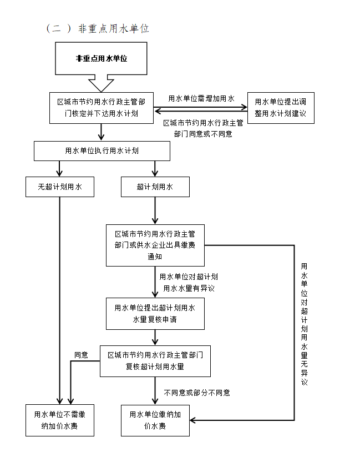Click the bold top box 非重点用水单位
point(101,58)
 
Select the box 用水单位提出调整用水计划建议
point(280,108)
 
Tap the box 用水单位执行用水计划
point(102,151)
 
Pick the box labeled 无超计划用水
point(59,187)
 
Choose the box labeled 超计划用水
point(155,187)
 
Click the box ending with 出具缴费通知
point(155,245)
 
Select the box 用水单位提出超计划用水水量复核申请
point(155,314)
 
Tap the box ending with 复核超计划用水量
point(155,360)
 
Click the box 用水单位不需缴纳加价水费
point(59,420)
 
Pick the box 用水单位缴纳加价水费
point(155,420)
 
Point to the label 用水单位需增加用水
point(201,98)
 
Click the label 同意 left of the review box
point(82,354)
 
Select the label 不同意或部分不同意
point(197,393)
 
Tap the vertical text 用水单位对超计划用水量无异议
point(304,324)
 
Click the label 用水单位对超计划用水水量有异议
point(189,283)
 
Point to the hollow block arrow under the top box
point(101,84)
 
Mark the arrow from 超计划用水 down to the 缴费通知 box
point(155,210)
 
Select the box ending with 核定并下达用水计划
point(101,108)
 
